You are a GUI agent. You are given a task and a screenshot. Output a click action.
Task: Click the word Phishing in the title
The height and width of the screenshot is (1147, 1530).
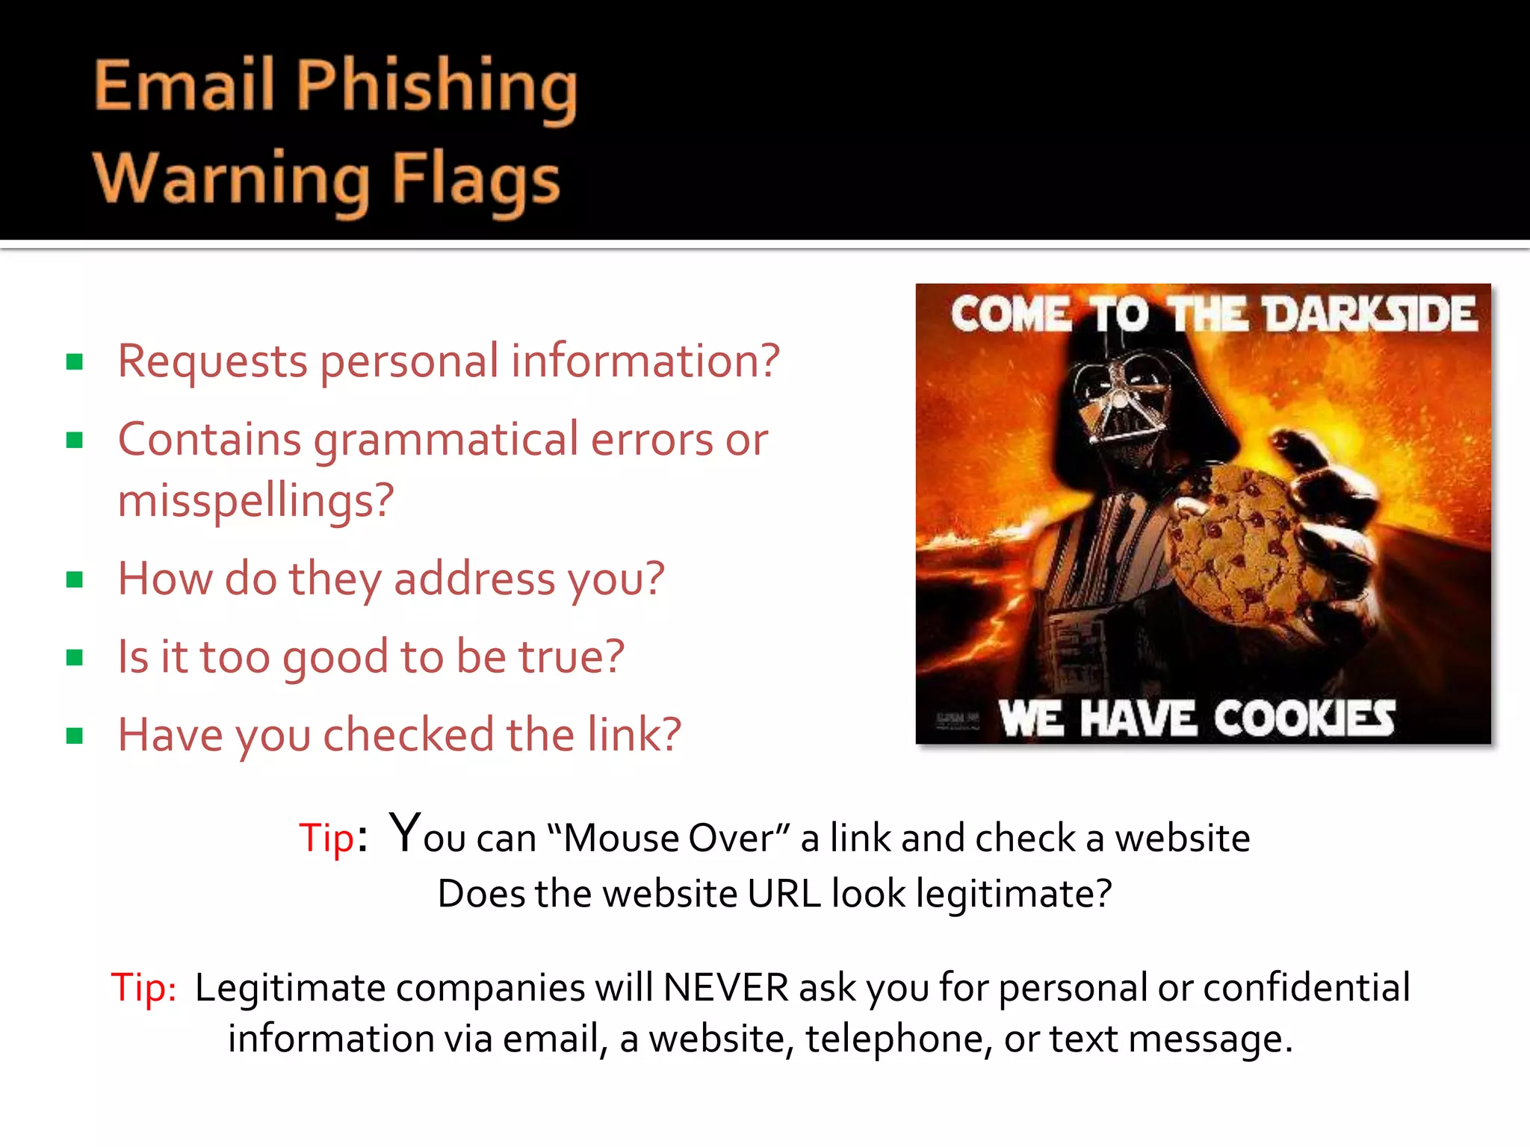437,88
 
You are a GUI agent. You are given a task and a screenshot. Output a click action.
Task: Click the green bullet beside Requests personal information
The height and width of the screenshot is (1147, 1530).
74,363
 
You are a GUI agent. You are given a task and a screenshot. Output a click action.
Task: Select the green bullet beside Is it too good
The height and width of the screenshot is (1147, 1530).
74,658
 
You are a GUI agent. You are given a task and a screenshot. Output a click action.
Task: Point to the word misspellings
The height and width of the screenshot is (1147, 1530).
255,501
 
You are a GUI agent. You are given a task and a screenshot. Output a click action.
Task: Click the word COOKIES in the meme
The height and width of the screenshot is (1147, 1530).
1304,719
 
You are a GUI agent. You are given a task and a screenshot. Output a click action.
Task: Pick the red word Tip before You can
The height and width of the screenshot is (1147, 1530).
326,838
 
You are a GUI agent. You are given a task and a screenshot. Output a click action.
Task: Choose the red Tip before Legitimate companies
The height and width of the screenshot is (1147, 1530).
143,988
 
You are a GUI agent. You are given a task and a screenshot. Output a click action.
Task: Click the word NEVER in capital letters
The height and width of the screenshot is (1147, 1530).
725,988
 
